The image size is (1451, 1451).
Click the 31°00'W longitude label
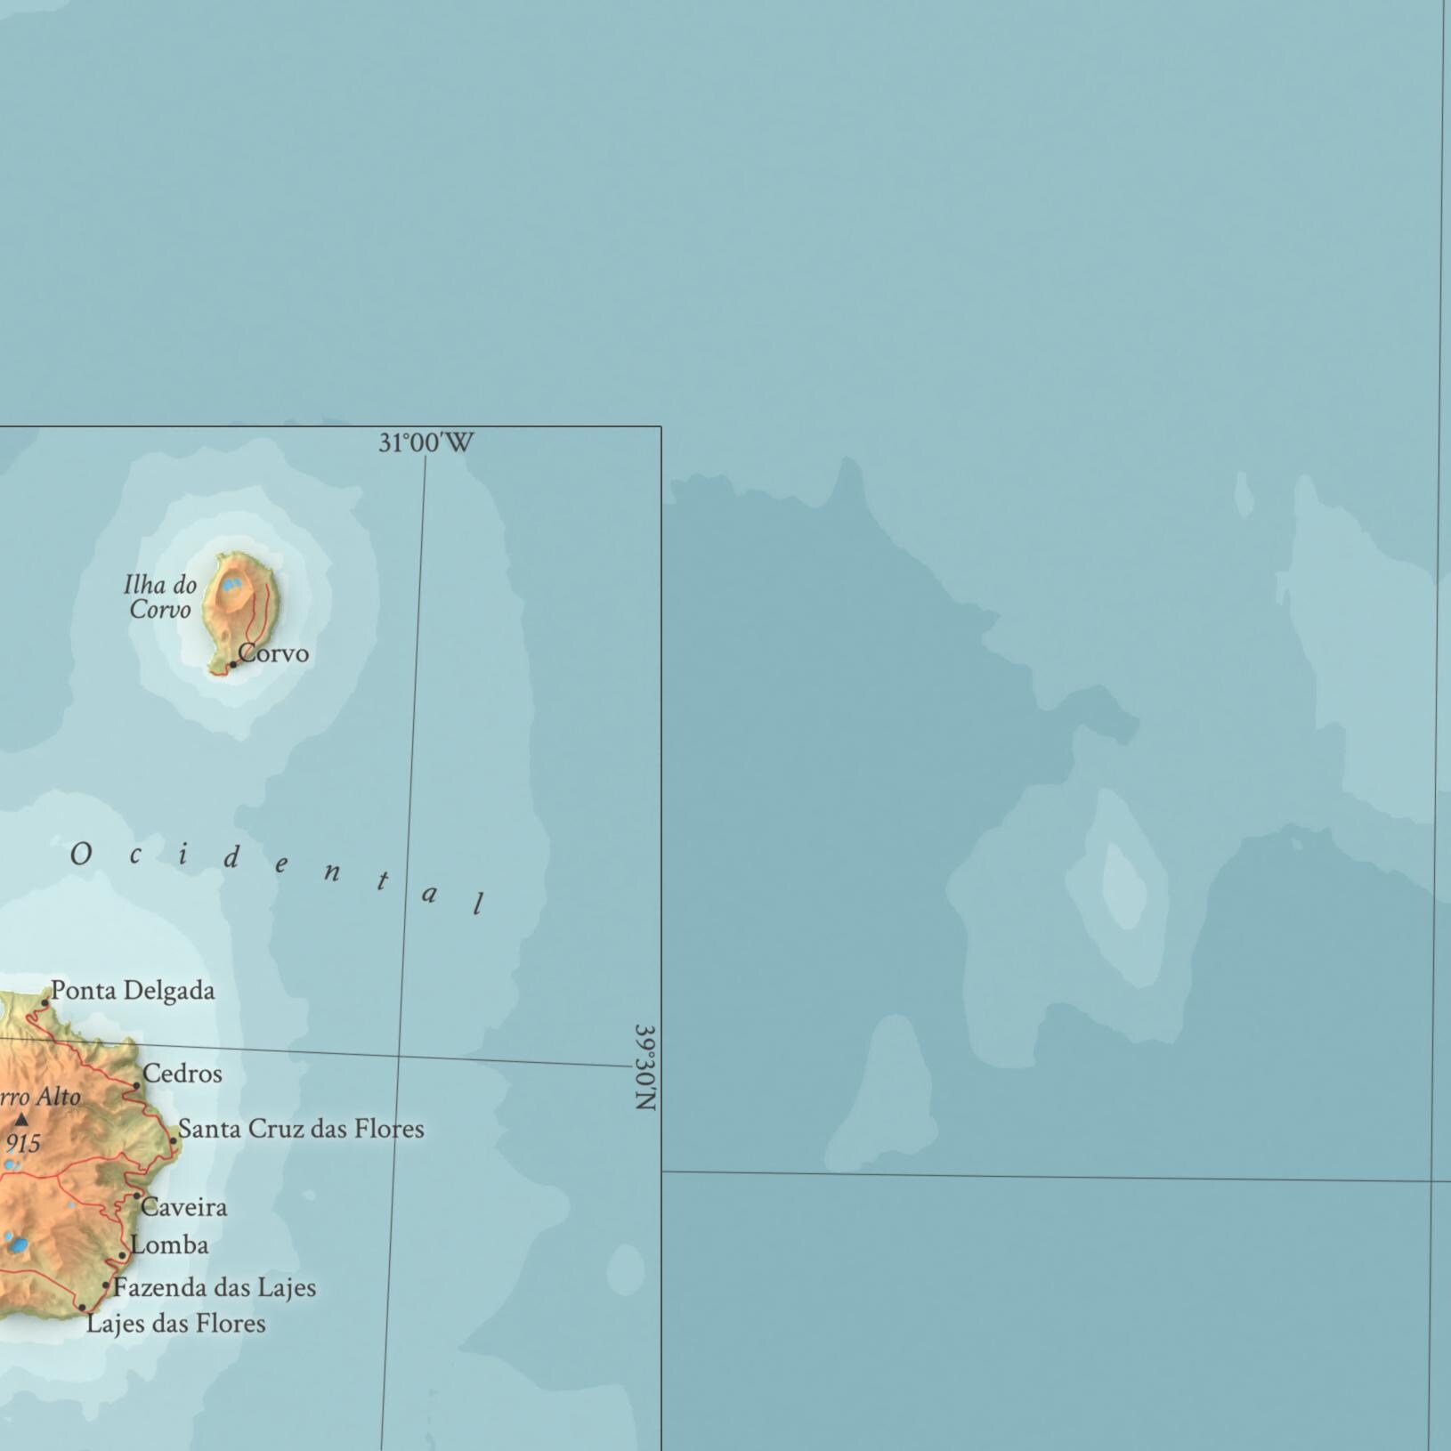point(426,442)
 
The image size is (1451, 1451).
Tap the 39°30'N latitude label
point(645,1066)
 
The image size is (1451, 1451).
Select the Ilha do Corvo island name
point(160,597)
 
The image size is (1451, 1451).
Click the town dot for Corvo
point(233,664)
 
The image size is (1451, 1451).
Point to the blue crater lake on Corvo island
point(231,585)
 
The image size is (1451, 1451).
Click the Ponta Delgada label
point(133,991)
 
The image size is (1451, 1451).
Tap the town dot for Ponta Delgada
point(45,1002)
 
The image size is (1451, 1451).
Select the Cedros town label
point(182,1074)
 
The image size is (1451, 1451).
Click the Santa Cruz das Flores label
point(301,1129)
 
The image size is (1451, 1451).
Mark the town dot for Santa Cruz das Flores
point(174,1140)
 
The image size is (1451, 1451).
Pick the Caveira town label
point(184,1207)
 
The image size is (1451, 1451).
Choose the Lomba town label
point(169,1245)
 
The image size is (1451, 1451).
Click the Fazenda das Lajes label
point(215,1287)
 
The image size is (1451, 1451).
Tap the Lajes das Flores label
point(176,1324)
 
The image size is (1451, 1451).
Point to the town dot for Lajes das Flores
point(82,1308)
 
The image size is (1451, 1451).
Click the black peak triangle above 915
point(21,1120)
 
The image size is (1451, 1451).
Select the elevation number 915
point(23,1143)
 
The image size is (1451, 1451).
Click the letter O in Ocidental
point(80,855)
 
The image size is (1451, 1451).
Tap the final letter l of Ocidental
point(479,904)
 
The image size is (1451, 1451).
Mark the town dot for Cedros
point(136,1086)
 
